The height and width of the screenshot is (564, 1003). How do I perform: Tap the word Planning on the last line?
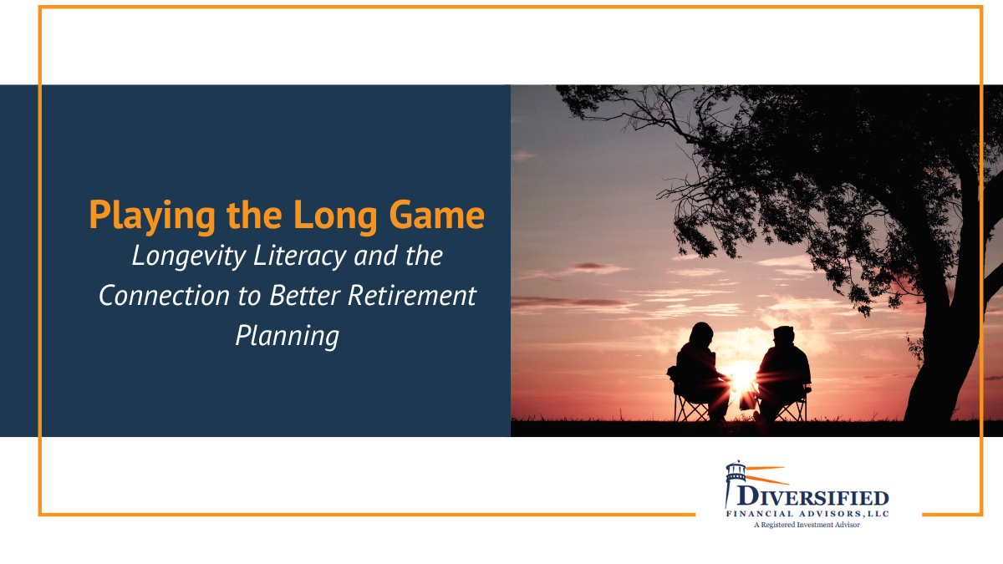tap(287, 335)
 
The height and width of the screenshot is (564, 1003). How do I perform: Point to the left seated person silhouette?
tap(697, 359)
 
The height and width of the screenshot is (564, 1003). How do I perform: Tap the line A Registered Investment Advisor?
tap(807, 526)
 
